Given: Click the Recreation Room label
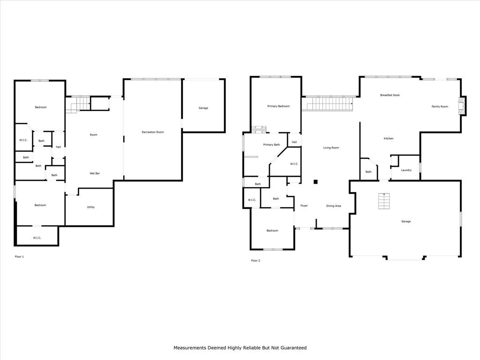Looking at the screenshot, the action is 153,132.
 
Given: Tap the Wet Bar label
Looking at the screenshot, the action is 95,173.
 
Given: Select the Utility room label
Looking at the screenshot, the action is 90,207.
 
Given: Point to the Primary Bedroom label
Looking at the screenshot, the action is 278,106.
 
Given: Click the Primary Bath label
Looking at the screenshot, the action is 271,145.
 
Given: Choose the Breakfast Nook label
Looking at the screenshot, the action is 390,95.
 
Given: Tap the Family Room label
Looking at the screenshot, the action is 440,106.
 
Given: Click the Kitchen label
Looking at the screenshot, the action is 389,139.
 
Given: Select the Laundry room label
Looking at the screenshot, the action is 406,170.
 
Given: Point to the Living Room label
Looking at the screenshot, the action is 331,148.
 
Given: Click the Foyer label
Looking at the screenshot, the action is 304,206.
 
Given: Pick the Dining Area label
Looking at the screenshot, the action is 334,206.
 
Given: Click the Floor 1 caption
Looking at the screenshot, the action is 19,257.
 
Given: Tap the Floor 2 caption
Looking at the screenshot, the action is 255,261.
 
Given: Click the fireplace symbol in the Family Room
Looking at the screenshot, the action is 461,106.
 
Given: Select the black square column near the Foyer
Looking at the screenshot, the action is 315,182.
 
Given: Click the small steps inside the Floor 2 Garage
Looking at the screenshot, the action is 384,201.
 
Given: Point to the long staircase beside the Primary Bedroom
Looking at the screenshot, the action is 328,104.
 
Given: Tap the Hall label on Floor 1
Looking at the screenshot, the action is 59,147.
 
